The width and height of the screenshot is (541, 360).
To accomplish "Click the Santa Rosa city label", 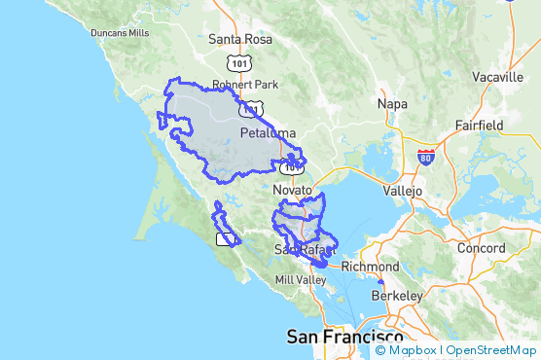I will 240,40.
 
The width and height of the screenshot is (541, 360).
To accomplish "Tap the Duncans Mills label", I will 120,32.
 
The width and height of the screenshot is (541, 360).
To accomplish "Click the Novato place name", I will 293,190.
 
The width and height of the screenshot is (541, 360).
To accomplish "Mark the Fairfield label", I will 479,126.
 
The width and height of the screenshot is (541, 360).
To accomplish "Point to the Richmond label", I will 370,267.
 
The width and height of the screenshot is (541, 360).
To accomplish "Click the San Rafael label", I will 304,250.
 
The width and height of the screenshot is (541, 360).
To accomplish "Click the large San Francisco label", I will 344,337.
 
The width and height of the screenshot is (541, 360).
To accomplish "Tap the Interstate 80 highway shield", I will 425,156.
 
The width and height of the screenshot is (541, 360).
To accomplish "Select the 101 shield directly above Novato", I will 293,166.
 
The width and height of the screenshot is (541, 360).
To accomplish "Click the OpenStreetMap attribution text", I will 491,350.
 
